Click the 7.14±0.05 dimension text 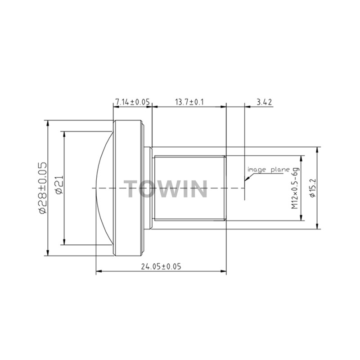click(132, 102)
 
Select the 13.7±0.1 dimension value click(189, 102)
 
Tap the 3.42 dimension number click(264, 102)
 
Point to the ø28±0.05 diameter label click(43, 188)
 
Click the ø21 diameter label click(59, 185)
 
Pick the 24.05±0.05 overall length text click(161, 266)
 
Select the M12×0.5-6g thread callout click(296, 188)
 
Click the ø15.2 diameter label click(313, 188)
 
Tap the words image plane click(269, 170)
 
